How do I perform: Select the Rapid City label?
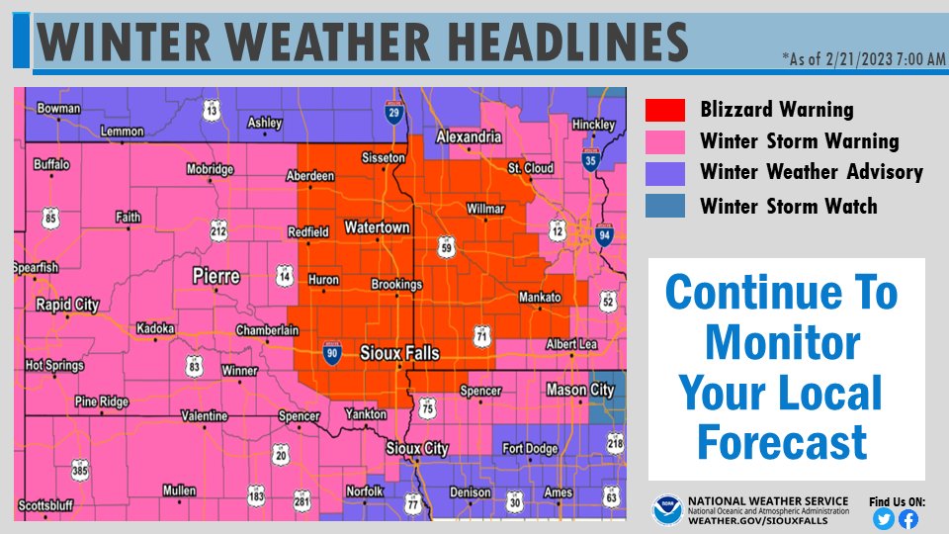click(66, 305)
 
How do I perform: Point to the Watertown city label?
click(376, 228)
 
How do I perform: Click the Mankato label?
click(540, 298)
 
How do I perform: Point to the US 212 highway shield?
click(218, 231)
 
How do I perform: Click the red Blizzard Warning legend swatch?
click(664, 110)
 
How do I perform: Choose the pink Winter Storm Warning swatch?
click(664, 141)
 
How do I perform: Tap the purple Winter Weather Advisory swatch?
click(664, 173)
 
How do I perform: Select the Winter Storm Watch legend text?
click(788, 206)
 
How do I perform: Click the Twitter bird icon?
click(884, 518)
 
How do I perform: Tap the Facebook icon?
click(907, 518)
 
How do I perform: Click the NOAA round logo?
click(666, 510)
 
